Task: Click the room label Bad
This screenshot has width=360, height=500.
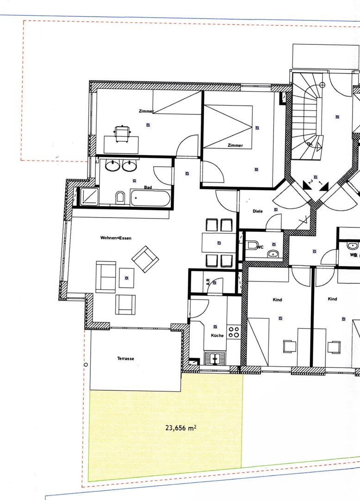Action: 148,187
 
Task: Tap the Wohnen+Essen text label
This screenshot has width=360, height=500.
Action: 116,238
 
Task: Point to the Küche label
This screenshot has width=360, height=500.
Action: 217,336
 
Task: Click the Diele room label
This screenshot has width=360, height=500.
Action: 257,211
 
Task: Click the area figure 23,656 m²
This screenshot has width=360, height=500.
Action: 180,428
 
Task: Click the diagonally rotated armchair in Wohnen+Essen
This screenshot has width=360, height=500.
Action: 145,258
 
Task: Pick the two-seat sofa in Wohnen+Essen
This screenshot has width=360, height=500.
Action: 106,277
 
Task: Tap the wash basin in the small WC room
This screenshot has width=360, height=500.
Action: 274,253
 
